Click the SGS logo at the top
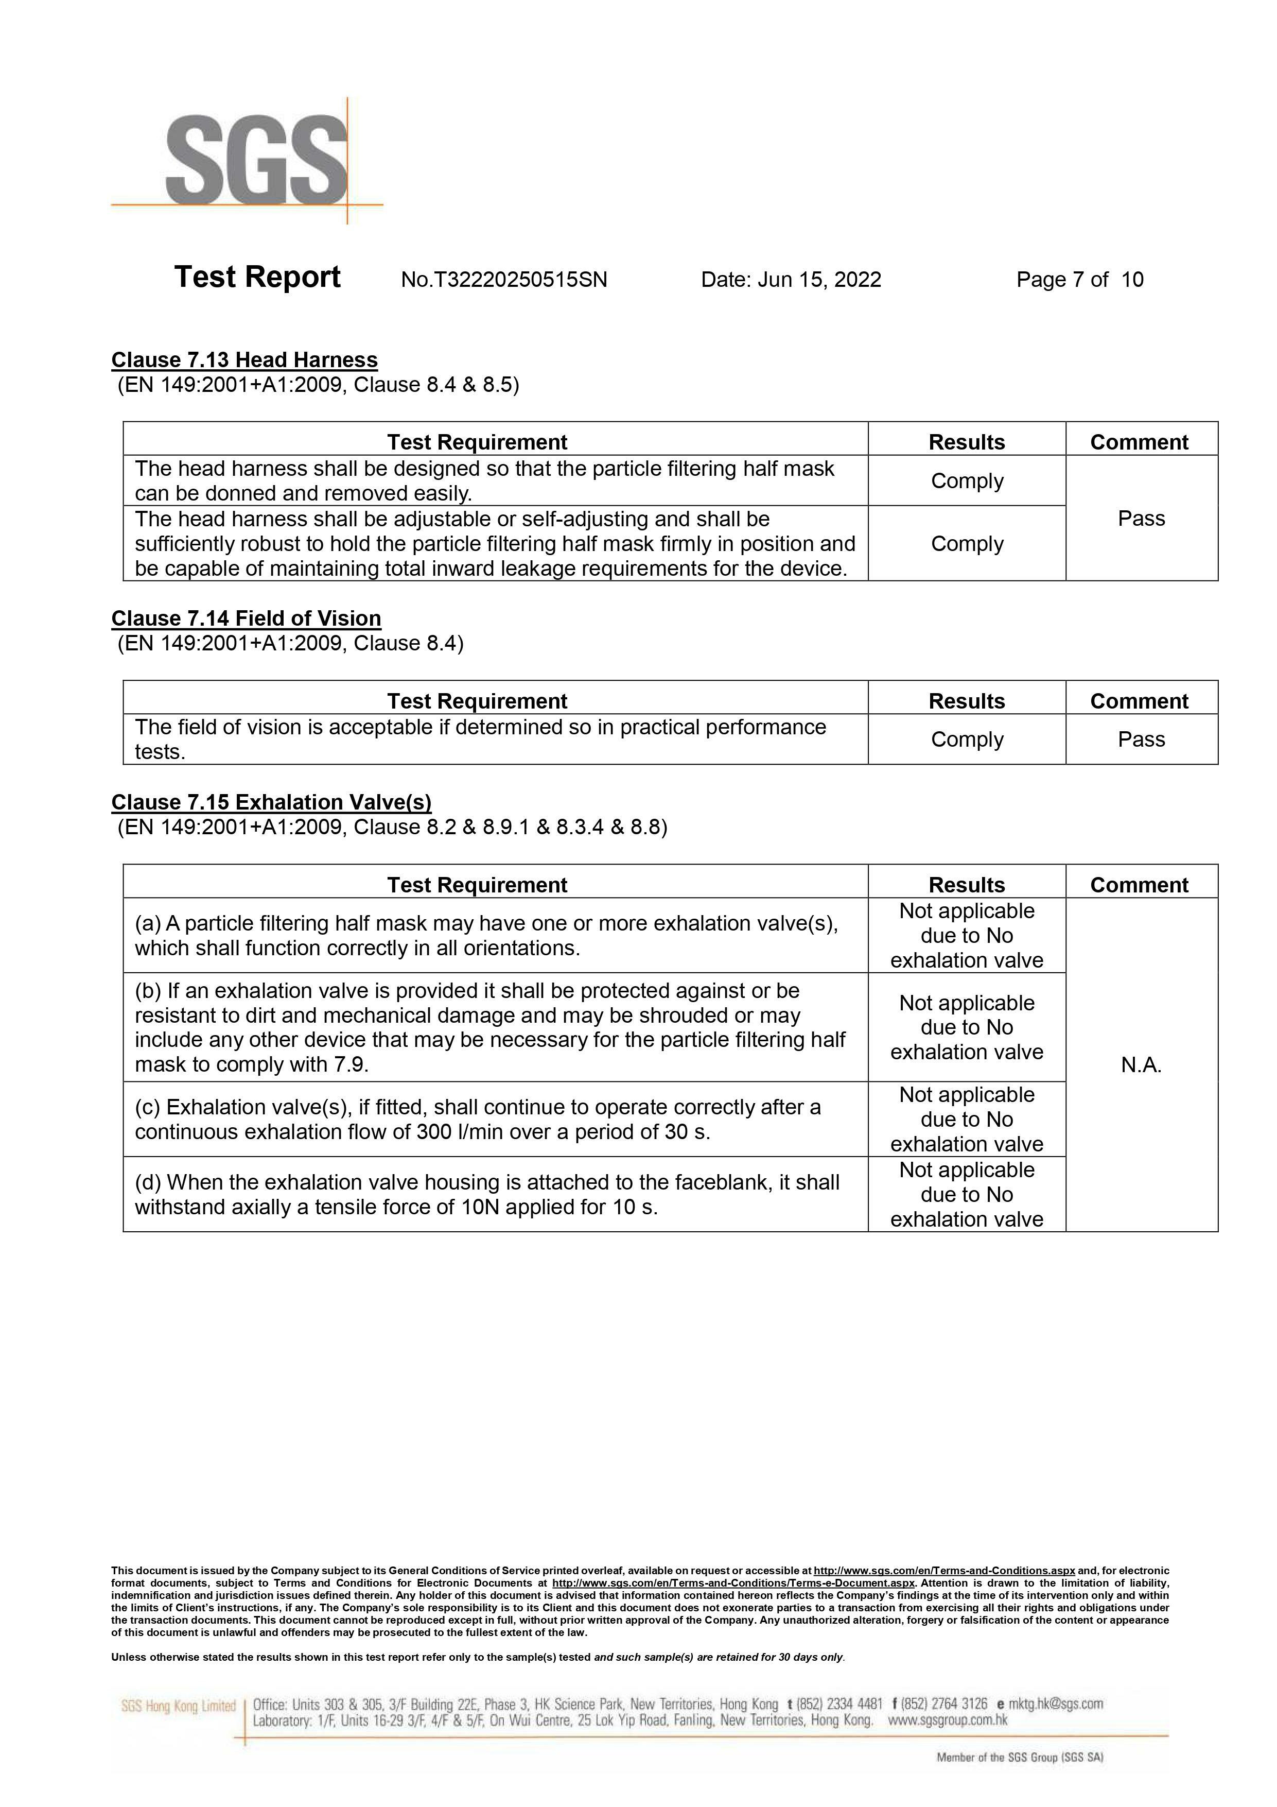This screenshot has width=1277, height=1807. click(x=256, y=161)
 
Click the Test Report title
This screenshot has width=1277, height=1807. click(x=257, y=278)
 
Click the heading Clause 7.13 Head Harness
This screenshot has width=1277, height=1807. click(x=244, y=360)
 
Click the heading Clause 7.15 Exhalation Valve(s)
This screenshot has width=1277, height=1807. click(x=271, y=803)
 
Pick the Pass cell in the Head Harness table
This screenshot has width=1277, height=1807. click(x=1141, y=519)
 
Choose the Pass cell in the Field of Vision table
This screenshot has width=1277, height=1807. click(x=1141, y=740)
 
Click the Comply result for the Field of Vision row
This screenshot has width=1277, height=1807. click(x=967, y=740)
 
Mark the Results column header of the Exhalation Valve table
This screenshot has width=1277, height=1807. click(x=967, y=885)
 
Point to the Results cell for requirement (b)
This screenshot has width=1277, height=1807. click(x=967, y=1028)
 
